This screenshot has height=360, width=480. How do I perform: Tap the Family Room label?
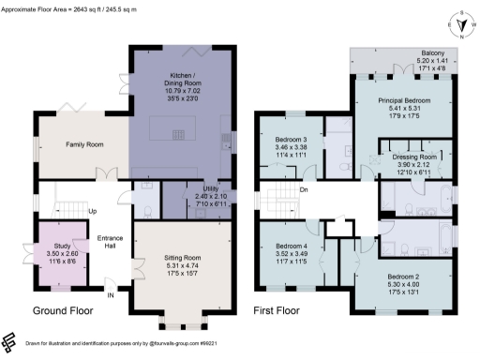(x=83, y=145)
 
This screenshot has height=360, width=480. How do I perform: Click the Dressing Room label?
(x=413, y=157)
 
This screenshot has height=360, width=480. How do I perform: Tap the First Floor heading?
(x=285, y=308)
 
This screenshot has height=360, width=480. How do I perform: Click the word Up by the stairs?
(x=92, y=211)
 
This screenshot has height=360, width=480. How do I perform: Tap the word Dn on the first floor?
(x=304, y=190)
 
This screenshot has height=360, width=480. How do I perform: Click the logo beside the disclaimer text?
(x=10, y=341)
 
